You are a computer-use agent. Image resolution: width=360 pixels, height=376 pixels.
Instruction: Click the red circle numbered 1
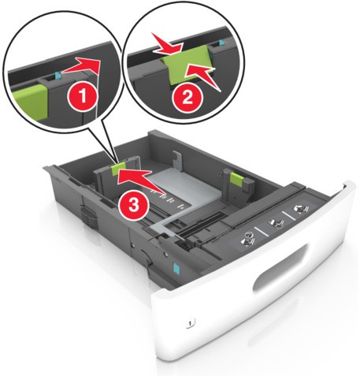click(x=83, y=97)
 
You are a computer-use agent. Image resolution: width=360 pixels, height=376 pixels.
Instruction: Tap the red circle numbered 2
click(x=187, y=99)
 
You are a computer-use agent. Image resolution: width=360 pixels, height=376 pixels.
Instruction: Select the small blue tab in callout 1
click(x=58, y=76)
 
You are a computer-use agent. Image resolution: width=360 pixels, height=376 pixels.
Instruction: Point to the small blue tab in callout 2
click(x=222, y=42)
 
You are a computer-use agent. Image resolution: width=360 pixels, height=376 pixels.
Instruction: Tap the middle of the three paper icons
click(x=275, y=223)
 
